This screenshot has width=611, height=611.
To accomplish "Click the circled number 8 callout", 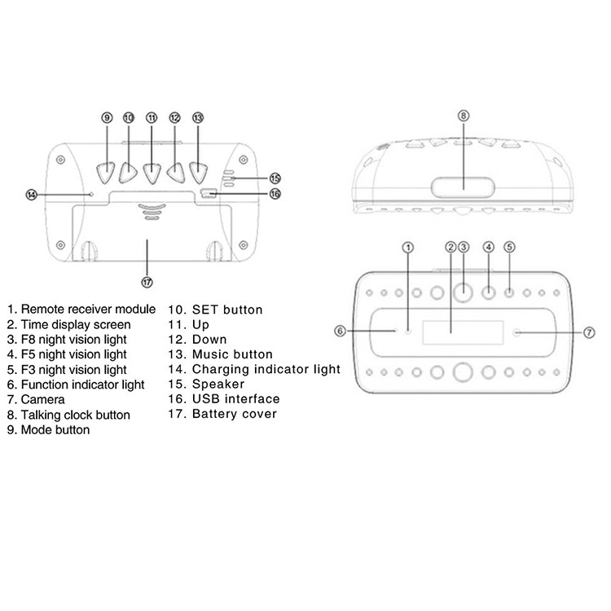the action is [464, 116].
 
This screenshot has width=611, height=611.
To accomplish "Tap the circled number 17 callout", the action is [147, 282].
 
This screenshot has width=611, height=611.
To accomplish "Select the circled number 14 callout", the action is [32, 195].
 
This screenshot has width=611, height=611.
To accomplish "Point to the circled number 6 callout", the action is [341, 332].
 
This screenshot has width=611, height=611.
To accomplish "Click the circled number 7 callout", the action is [589, 332].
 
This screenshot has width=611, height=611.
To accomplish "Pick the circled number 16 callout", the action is [275, 194].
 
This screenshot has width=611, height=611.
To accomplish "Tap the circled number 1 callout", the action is [408, 248].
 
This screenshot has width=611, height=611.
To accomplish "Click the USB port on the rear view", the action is [208, 193].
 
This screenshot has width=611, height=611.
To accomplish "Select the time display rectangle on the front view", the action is [463, 332].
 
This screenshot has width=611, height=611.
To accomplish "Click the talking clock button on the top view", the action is [463, 187].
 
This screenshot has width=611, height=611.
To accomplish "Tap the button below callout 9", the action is [106, 173].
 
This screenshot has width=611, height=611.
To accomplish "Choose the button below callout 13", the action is [198, 173].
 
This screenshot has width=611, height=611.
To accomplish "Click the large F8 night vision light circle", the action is [463, 293].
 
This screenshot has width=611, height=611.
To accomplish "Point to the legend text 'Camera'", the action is [43, 400].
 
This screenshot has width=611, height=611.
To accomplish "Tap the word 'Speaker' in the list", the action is [218, 385].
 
